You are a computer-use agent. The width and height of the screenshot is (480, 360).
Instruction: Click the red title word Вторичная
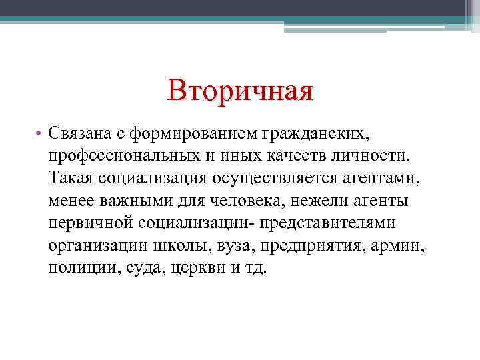pos(240,90)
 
